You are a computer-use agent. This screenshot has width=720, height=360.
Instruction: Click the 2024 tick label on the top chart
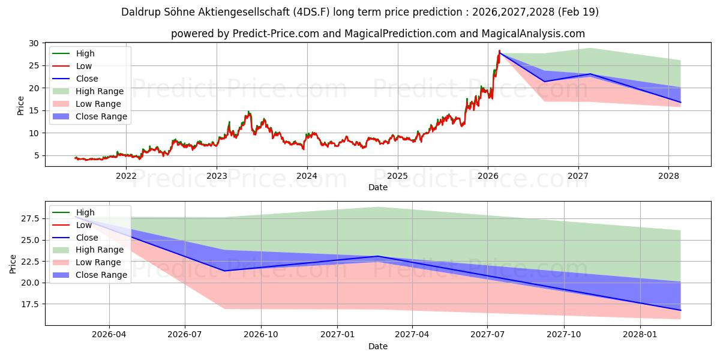tap(307, 176)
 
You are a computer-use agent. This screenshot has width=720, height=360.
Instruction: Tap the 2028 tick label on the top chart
tap(668, 176)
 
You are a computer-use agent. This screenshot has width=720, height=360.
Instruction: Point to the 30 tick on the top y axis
tap(34, 43)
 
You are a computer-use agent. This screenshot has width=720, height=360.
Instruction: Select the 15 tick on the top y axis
tap(34, 110)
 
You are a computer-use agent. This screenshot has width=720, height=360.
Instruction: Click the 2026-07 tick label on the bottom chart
tap(185, 334)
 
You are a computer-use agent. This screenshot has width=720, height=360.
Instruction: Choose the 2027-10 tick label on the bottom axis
tap(564, 334)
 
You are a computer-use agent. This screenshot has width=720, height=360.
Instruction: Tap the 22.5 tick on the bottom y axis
tap(30, 262)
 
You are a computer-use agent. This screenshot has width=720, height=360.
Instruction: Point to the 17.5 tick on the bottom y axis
tap(30, 304)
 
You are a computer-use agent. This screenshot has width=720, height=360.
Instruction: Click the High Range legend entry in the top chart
tap(88, 91)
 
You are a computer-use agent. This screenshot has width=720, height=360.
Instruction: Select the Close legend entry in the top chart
tap(75, 79)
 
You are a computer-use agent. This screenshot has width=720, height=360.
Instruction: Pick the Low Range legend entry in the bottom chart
tap(87, 262)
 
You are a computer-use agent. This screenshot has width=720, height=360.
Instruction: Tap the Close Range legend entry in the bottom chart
tap(89, 275)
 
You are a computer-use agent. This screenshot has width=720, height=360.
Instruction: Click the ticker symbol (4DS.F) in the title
tap(311, 12)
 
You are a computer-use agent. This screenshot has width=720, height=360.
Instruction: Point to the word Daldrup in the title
tap(141, 12)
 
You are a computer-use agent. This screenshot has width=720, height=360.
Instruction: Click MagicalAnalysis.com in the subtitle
tap(533, 34)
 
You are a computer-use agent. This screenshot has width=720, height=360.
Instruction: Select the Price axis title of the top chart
tap(20, 106)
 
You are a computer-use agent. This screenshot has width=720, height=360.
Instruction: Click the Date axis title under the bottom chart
tap(377, 346)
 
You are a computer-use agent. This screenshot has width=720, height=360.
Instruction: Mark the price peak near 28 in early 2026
tap(499, 50)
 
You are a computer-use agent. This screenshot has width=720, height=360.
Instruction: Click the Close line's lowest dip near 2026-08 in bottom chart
tap(224, 271)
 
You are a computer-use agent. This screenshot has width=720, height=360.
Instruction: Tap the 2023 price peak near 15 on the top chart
tap(248, 112)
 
